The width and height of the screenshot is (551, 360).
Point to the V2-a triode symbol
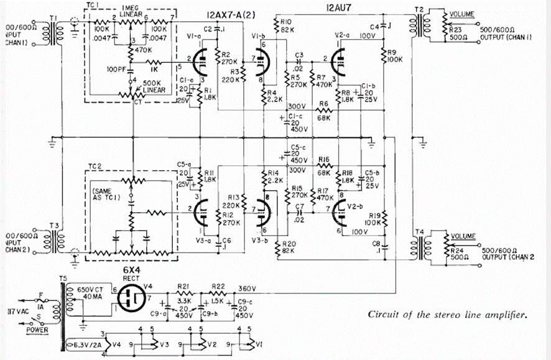point(344,63)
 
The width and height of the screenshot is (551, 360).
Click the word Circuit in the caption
point(383,315)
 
